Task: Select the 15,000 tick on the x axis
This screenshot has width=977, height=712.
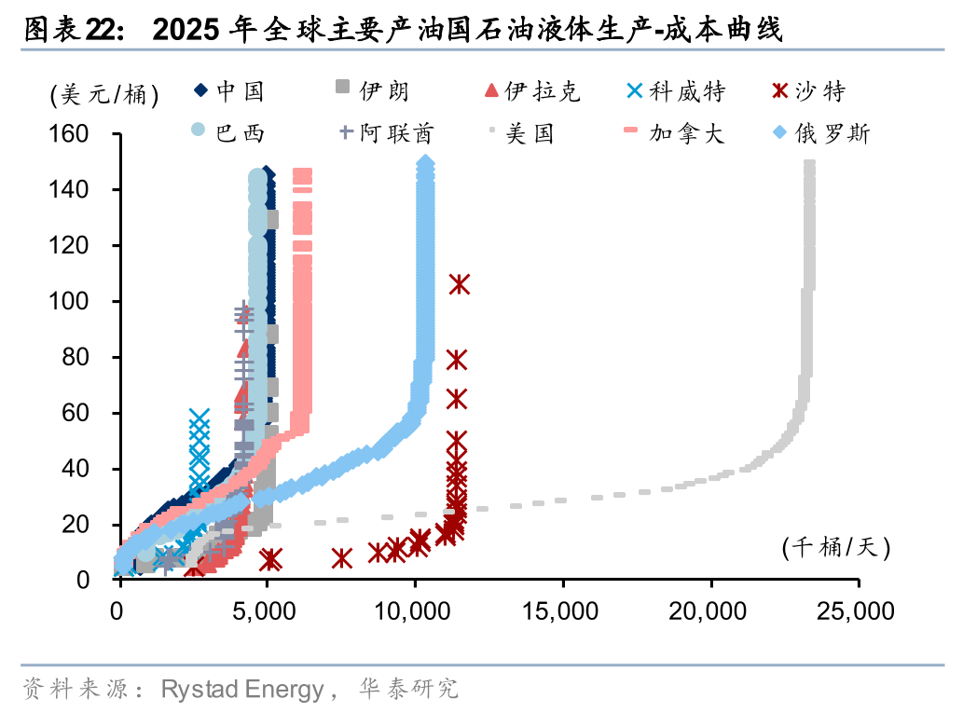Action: tap(563, 611)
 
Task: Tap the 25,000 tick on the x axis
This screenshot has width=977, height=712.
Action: tap(858, 611)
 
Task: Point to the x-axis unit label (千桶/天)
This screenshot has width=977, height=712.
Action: tap(836, 548)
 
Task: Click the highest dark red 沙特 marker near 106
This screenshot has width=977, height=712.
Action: tap(459, 284)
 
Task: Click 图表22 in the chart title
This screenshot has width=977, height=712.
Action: tap(70, 31)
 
